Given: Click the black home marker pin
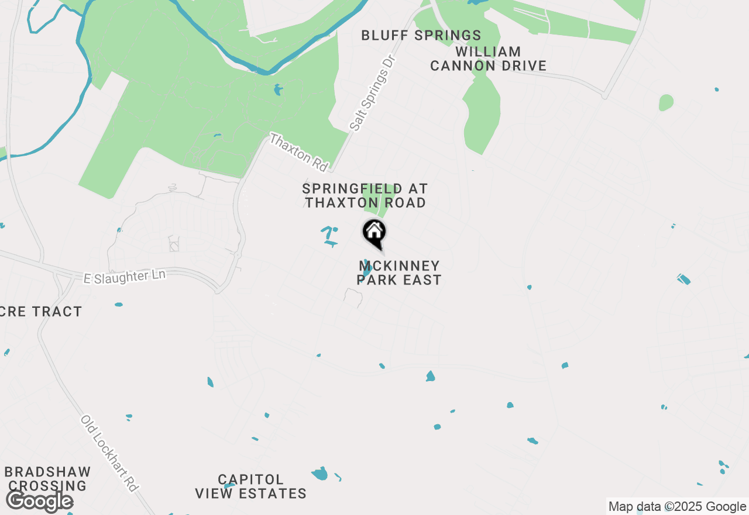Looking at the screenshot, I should pyautogui.click(x=374, y=232).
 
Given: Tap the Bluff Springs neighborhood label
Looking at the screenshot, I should pyautogui.click(x=421, y=35).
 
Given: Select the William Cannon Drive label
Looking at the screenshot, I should pyautogui.click(x=488, y=59).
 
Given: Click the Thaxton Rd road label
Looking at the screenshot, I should pyautogui.click(x=298, y=152).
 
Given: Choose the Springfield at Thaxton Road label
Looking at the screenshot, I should pyautogui.click(x=365, y=195).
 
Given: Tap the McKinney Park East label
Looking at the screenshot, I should pyautogui.click(x=399, y=273).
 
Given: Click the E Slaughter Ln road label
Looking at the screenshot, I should pyautogui.click(x=125, y=276).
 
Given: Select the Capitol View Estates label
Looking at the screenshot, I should pyautogui.click(x=250, y=487).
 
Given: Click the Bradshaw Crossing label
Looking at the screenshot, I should pyautogui.click(x=47, y=479).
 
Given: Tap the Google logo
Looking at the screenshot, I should pyautogui.click(x=39, y=502).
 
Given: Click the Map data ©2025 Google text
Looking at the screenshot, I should pyautogui.click(x=677, y=507).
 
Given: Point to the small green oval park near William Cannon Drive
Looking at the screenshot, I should pyautogui.click(x=666, y=103).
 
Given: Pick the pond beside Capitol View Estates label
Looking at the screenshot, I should pyautogui.click(x=319, y=473).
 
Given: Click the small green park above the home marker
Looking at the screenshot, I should pyautogui.click(x=375, y=202).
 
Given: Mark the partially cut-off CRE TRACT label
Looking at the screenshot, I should pyautogui.click(x=40, y=311).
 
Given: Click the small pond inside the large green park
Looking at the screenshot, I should pyautogui.click(x=277, y=90).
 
